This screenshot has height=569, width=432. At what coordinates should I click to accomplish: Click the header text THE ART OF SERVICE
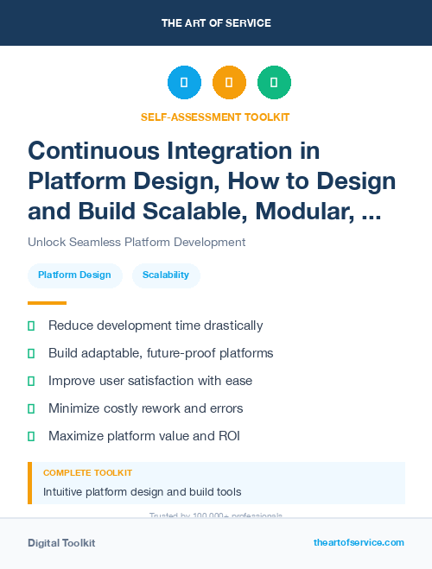215,23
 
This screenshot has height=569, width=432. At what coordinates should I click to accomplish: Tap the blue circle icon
184,83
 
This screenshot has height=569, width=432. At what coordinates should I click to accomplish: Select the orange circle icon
229,83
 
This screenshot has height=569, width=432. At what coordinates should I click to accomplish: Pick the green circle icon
274,83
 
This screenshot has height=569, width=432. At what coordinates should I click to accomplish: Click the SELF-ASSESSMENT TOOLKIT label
215,117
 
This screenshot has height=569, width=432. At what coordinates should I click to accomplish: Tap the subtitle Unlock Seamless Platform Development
137,243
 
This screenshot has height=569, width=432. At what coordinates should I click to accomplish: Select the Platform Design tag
74,275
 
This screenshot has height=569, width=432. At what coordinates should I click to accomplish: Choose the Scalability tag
166,275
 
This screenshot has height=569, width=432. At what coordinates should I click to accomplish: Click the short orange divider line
47,303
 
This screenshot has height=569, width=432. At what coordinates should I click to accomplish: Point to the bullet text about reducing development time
156,326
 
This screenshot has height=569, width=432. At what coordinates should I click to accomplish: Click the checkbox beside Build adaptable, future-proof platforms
31,353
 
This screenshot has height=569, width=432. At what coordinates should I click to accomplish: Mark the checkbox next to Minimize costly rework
31,408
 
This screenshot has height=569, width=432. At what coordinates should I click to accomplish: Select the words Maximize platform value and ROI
143,436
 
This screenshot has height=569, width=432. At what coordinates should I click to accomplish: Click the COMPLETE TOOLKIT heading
87,473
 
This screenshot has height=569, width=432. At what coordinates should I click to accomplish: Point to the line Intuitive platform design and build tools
142,492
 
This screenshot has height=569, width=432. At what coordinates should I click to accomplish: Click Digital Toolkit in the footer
61,543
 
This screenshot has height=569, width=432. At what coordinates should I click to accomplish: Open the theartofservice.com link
359,542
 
